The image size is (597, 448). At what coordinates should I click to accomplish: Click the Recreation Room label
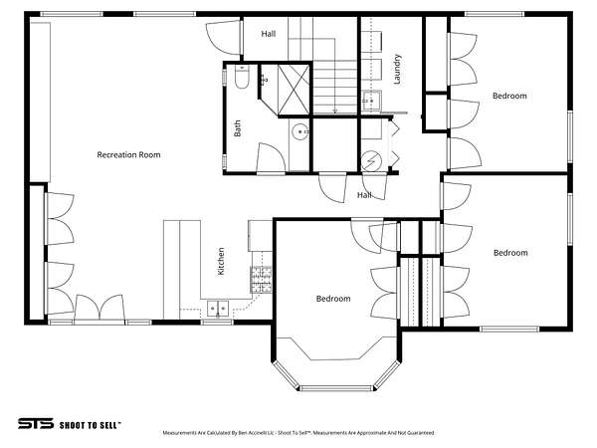click(x=128, y=154)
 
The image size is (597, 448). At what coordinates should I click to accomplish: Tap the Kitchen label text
click(x=221, y=261)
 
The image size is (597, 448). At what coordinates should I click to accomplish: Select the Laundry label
click(x=397, y=69)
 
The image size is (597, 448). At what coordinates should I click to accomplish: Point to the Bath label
click(x=237, y=128)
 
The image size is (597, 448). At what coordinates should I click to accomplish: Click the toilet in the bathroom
click(x=242, y=77)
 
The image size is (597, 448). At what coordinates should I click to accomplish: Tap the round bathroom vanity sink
click(x=300, y=131)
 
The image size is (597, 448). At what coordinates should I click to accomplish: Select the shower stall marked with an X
click(x=294, y=90)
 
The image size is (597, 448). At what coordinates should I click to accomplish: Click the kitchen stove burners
click(x=261, y=280)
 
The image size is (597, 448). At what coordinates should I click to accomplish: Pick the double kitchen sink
click(x=218, y=309)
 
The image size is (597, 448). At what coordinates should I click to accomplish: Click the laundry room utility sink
click(x=371, y=101)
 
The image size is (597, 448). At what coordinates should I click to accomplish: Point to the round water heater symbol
click(x=371, y=161)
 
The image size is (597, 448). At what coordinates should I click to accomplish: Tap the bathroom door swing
click(x=271, y=158)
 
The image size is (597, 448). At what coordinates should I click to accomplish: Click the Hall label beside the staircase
click(x=269, y=34)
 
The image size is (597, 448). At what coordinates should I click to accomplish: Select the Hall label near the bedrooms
click(x=364, y=195)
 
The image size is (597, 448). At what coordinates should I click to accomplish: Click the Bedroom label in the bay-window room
click(x=333, y=299)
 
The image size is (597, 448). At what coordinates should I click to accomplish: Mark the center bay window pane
click(x=336, y=388)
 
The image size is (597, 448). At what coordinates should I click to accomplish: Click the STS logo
click(x=36, y=424)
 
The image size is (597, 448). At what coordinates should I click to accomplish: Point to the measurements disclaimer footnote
click(x=298, y=433)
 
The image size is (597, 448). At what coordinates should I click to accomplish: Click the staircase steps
click(x=335, y=88)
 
